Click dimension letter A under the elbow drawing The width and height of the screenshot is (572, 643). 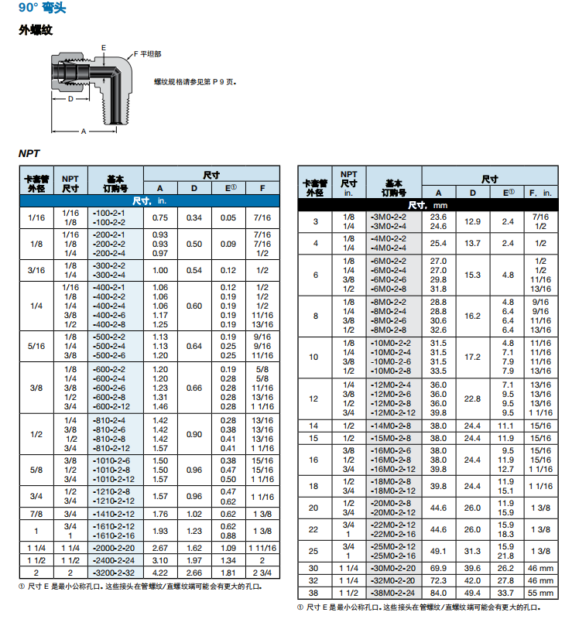84,132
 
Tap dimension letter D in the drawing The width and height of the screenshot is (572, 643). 70,100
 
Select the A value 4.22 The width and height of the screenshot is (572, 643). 160,573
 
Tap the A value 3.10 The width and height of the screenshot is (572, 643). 160,559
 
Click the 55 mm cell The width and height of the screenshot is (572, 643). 541,593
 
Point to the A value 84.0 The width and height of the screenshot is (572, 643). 439,593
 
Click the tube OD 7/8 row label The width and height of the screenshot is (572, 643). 36,513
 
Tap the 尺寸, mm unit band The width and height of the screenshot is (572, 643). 428,205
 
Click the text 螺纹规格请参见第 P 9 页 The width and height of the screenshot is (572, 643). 194,81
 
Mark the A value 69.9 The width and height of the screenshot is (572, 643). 439,568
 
